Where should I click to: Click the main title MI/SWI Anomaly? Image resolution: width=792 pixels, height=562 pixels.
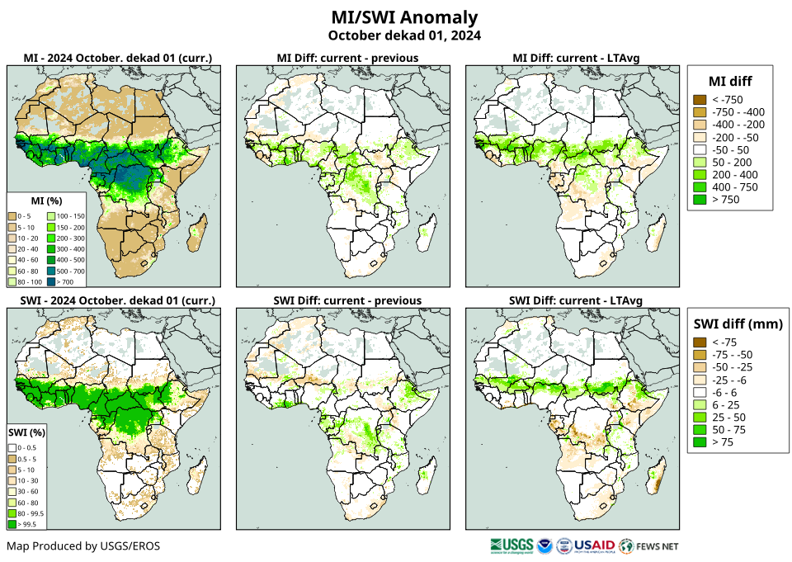404,17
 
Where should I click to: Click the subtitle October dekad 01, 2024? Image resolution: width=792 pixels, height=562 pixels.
404,35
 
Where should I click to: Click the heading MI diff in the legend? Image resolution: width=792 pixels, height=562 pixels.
729,80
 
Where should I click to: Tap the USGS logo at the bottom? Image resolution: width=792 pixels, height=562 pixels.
511,545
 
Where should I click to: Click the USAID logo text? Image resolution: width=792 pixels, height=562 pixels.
594,545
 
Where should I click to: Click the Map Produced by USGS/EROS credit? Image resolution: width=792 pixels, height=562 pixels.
83,546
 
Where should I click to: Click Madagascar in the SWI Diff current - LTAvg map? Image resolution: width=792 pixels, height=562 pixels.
657,477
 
